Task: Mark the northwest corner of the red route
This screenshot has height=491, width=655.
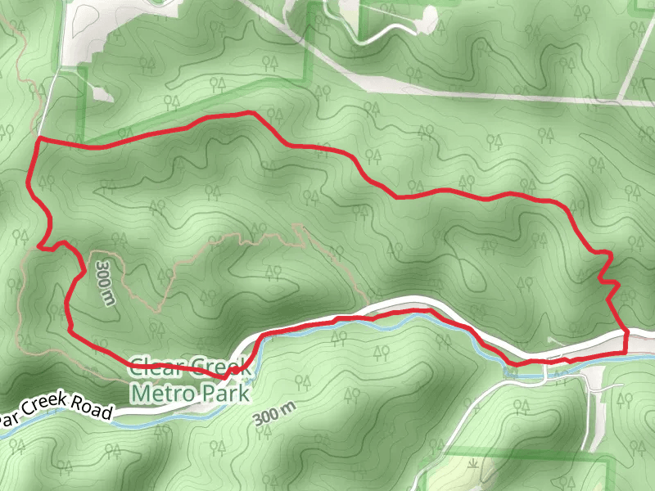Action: click(38, 142)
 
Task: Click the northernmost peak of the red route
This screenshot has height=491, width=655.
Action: click(250, 113)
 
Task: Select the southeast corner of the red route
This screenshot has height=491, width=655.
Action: click(626, 349)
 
